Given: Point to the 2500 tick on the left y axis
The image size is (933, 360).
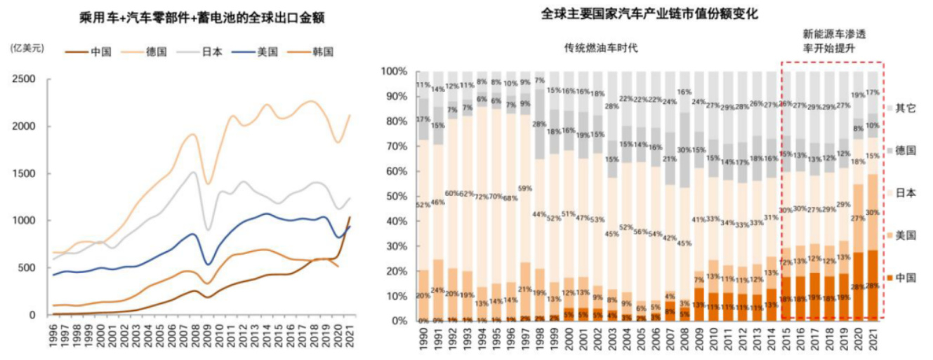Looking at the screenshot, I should (x=25, y=79).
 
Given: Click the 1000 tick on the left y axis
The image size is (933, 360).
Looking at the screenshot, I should (x=25, y=220).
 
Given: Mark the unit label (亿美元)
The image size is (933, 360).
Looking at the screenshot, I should (x=27, y=48).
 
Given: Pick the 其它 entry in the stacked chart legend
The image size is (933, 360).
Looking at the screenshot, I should (x=906, y=108).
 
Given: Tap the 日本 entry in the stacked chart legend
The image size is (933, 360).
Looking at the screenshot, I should (x=906, y=193).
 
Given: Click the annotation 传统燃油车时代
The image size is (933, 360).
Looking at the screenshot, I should (x=602, y=48).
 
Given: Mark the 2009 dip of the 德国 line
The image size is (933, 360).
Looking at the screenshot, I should (x=207, y=183).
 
